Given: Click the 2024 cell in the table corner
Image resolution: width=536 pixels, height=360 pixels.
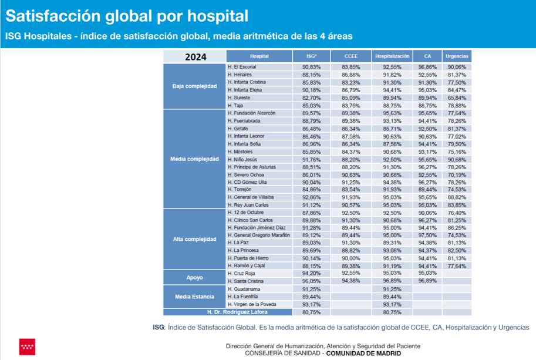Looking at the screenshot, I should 194,57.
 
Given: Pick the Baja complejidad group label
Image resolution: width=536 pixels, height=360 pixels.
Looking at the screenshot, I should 194,86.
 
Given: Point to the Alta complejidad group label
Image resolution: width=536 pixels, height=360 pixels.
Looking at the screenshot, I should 194,239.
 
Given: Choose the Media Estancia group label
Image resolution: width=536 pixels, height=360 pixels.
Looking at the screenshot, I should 194,297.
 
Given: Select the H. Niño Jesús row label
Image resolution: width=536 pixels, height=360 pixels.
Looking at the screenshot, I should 244,159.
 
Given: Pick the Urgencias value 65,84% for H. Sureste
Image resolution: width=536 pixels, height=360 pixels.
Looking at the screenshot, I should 457,97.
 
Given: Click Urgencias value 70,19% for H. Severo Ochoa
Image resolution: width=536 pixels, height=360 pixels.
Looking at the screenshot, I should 457,174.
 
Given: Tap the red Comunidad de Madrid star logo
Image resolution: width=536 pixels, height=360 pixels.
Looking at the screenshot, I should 27,346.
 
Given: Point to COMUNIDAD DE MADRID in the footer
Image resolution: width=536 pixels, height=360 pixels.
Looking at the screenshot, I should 365,354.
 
